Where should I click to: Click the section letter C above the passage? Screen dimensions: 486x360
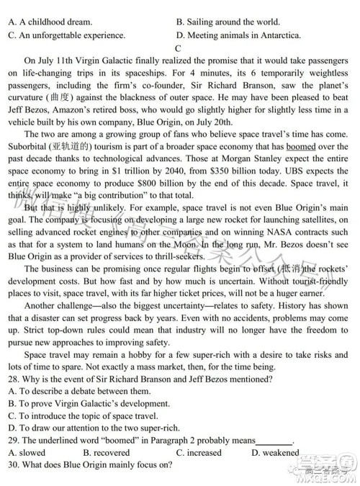click(x=177, y=48)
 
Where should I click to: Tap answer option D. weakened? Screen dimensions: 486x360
click(x=275, y=453)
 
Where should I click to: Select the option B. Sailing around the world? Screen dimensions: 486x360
click(x=228, y=22)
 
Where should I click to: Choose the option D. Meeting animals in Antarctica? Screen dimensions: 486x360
click(x=243, y=35)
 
